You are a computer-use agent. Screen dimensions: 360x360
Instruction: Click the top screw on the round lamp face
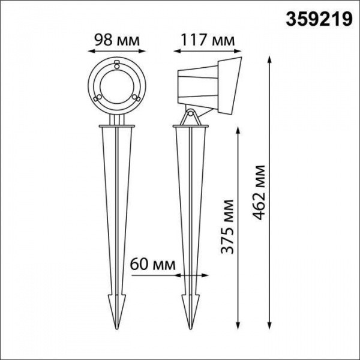[117, 63]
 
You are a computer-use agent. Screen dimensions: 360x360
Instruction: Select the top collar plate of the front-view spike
[117, 127]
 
